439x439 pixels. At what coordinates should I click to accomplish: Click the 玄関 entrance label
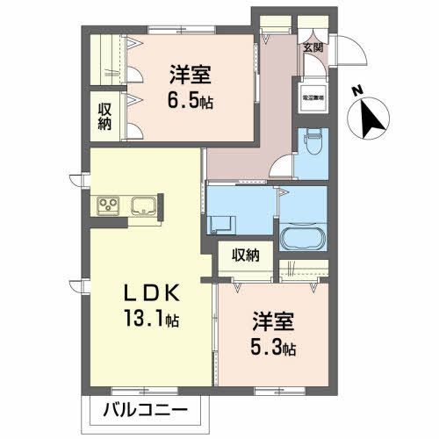click(x=313, y=47)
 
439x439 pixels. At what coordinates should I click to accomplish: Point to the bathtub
click(x=302, y=238)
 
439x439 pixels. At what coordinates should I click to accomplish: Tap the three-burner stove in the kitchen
click(x=110, y=207)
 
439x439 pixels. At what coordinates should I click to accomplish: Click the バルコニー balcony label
click(x=140, y=409)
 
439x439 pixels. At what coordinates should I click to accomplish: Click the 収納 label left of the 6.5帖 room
click(x=104, y=116)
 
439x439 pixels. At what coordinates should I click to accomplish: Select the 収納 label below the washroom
click(x=246, y=255)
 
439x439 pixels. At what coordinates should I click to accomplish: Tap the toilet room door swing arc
click(x=283, y=164)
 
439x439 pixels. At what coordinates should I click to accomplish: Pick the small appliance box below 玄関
click(x=313, y=95)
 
